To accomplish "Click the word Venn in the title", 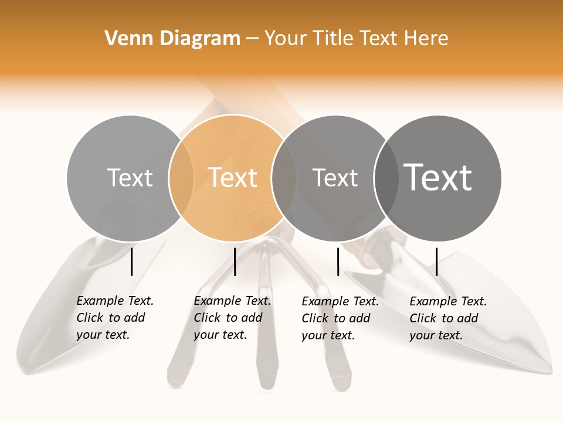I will [124, 39].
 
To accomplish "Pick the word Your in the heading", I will [286, 39].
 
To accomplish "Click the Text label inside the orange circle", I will [233, 178].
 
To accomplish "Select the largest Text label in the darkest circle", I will [438, 178].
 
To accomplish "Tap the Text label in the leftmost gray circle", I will [130, 178].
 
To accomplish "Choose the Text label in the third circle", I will [335, 178].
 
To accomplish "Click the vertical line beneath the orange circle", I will [235, 261].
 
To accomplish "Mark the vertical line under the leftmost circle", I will [132, 261].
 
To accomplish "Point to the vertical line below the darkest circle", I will [436, 261].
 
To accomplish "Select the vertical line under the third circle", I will [338, 261].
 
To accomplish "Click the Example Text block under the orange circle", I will [232, 318].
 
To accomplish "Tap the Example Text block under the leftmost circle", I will [115, 318].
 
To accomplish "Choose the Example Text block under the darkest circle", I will [448, 318].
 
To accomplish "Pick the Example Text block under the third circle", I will [340, 318].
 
